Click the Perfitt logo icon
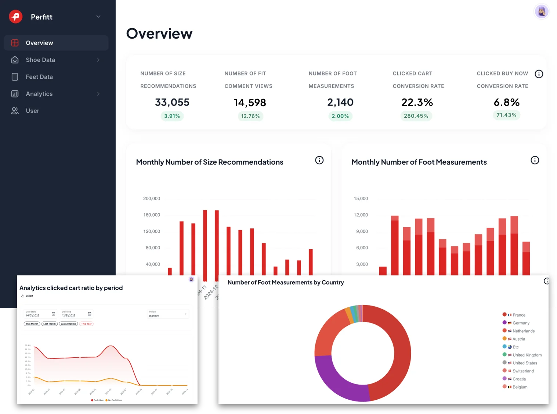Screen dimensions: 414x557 16,17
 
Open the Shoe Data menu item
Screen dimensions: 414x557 40,60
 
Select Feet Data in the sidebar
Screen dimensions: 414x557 39,77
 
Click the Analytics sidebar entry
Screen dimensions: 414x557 39,94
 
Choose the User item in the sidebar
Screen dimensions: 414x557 32,111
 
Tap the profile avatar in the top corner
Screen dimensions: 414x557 541,12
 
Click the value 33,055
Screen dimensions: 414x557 172,102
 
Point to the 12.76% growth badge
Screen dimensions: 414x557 250,116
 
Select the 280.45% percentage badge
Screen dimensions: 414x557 416,116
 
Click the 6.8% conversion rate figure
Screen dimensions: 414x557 506,102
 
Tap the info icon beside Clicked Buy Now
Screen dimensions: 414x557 539,74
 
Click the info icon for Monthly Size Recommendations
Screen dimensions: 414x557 319,160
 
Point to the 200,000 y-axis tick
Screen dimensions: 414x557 152,199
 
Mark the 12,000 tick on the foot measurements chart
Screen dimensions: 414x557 361,215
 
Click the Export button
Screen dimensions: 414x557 28,296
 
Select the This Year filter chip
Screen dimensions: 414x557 86,324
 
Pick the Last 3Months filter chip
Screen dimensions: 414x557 68,324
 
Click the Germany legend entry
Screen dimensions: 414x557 521,323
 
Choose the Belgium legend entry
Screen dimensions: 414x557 520,387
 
